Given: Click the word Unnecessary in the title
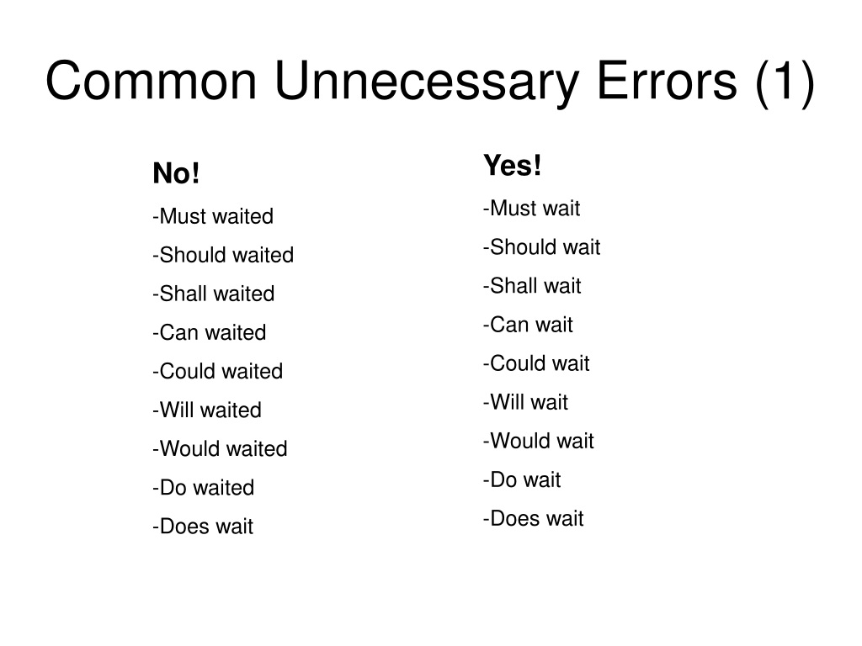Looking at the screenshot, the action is (x=427, y=82).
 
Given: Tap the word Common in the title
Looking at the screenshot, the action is (x=152, y=82).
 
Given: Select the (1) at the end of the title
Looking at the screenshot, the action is (x=785, y=82).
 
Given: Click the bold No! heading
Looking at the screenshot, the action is (x=176, y=173).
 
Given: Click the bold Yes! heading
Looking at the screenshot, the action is (x=513, y=166).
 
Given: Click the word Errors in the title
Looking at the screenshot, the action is (x=667, y=82).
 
